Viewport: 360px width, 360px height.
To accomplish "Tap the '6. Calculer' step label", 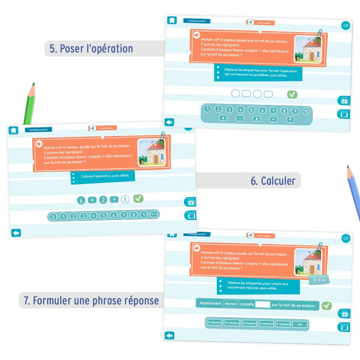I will (x=273, y=181).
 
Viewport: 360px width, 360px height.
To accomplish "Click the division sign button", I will (x=273, y=119).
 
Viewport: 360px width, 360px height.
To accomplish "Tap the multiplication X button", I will (x=256, y=119).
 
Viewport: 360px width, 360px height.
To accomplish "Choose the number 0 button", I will (x=54, y=217).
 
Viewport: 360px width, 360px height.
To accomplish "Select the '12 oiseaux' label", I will (x=232, y=323).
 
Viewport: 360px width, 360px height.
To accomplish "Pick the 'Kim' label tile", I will (x=300, y=324).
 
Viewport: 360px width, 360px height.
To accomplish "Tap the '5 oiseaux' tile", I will (x=266, y=324).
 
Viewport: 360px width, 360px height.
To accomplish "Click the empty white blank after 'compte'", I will (x=262, y=305).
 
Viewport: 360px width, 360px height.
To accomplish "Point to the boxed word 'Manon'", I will (x=231, y=304).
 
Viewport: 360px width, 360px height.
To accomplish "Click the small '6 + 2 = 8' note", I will (x=319, y=280).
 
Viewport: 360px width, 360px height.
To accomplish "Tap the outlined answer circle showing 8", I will (x=125, y=199).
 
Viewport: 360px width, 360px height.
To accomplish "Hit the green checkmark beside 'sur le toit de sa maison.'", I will (x=327, y=306).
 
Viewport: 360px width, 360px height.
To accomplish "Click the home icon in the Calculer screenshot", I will (x=13, y=130).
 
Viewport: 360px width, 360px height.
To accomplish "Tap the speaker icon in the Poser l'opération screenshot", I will (x=197, y=35).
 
